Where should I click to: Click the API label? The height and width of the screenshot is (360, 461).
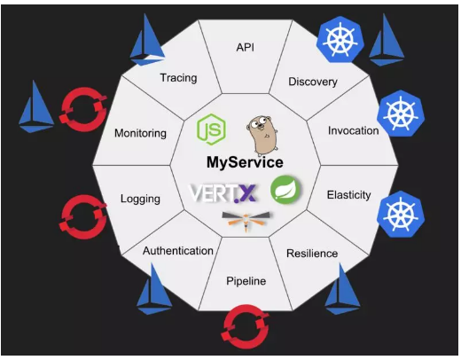click(x=245, y=47)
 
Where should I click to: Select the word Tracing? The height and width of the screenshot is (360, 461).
click(x=178, y=78)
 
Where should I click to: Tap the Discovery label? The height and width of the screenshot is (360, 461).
click(x=313, y=82)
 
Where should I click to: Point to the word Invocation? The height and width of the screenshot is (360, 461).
click(x=354, y=130)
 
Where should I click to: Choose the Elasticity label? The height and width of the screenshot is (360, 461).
click(x=348, y=195)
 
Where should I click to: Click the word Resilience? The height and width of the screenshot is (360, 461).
click(x=312, y=254)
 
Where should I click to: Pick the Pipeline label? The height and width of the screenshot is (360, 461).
click(x=246, y=281)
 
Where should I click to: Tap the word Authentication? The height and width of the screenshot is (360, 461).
click(x=178, y=251)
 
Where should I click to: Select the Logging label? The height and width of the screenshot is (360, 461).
click(x=140, y=199)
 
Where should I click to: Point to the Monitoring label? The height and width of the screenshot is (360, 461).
click(x=140, y=133)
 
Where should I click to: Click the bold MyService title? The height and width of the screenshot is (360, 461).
click(x=245, y=162)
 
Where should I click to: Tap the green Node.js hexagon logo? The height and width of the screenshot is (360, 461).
click(x=212, y=129)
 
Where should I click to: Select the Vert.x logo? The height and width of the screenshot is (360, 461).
click(x=223, y=193)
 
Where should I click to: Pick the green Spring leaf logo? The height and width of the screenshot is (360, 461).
click(x=285, y=190)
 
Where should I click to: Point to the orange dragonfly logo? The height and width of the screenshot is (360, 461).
click(x=246, y=220)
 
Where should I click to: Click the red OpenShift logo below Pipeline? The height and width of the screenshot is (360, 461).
click(x=245, y=326)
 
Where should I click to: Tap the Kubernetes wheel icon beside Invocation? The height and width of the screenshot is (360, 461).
click(x=401, y=113)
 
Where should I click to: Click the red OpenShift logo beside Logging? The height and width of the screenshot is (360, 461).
click(x=83, y=216)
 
